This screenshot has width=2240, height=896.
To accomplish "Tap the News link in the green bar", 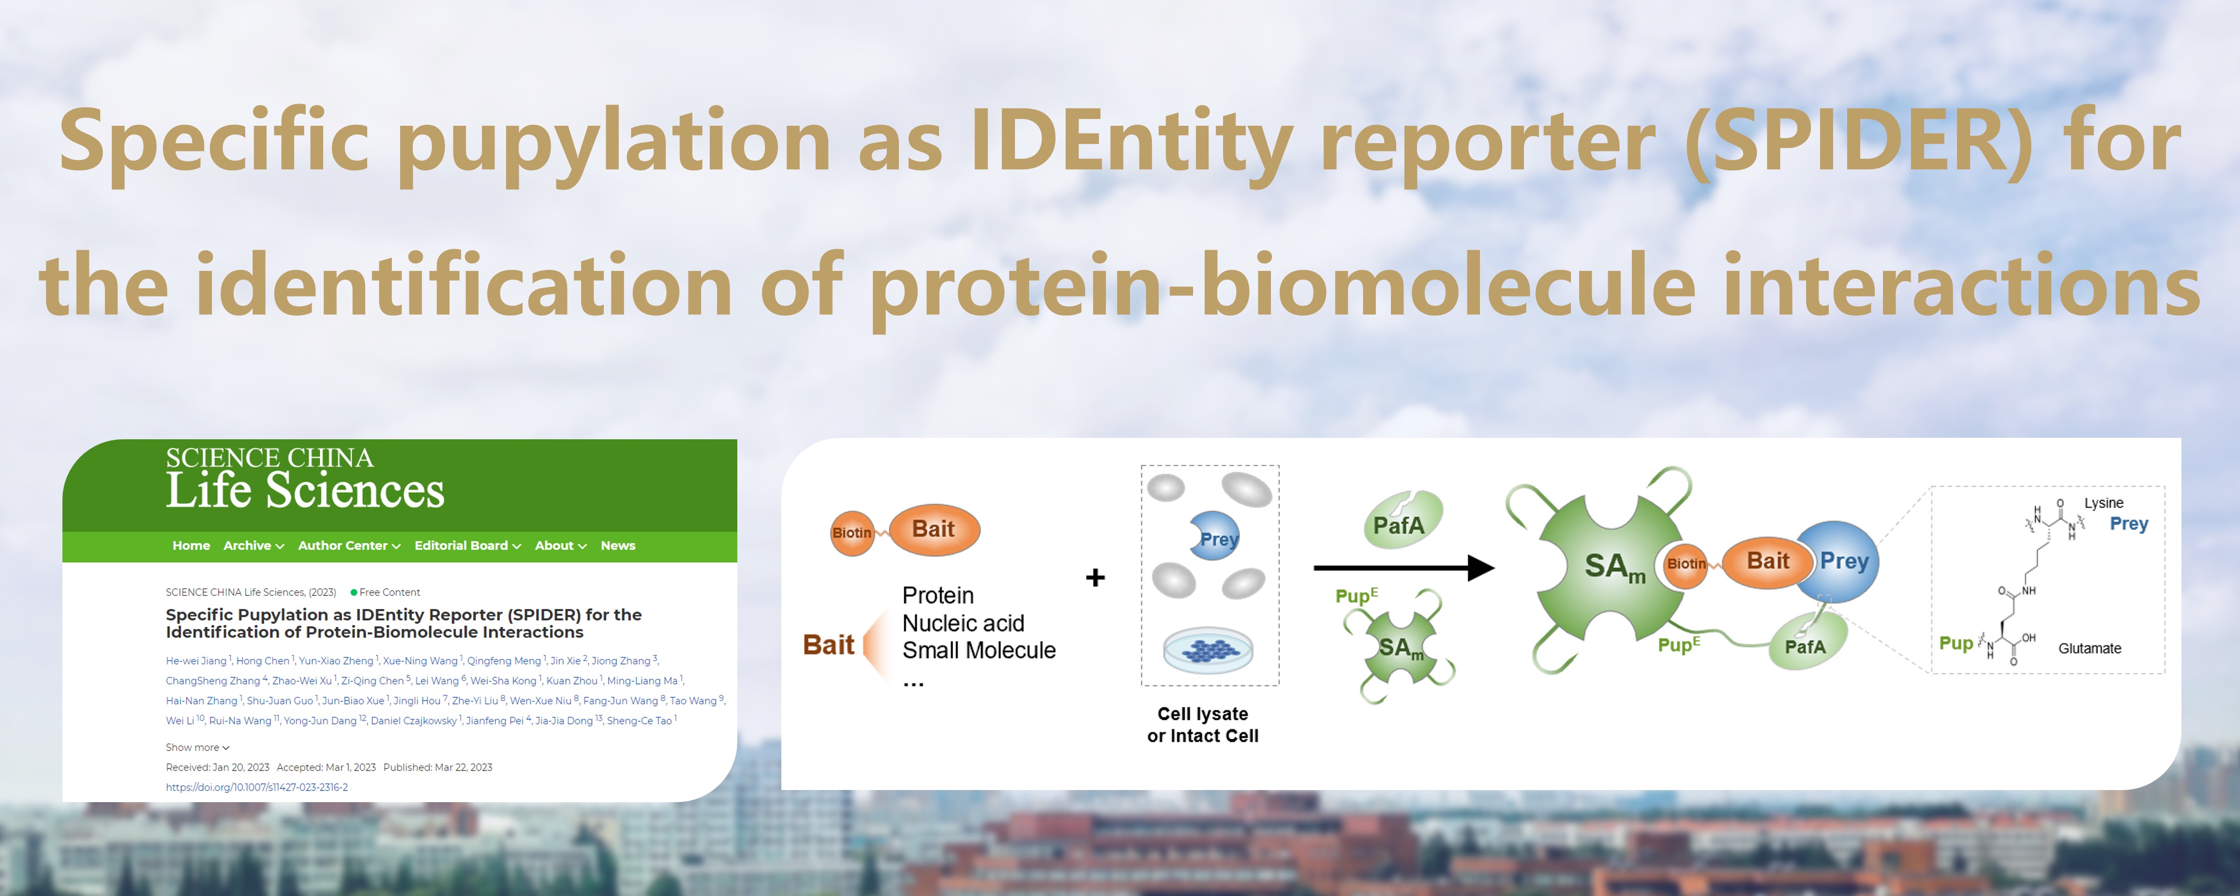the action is (618, 545).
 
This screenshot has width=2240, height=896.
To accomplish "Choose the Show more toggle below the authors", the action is (197, 747).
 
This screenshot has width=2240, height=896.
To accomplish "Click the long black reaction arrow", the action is (1404, 568).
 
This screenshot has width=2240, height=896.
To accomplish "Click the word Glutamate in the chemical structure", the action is (2090, 648).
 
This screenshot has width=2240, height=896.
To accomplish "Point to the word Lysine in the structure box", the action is (2104, 503).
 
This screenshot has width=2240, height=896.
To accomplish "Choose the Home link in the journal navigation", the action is (191, 545).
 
